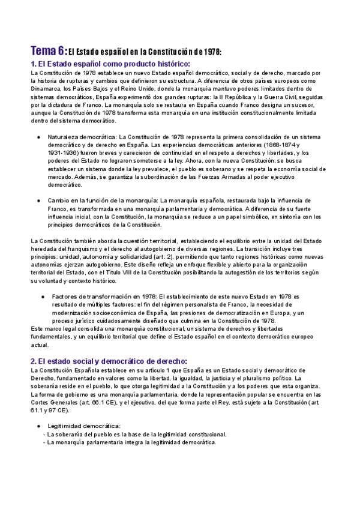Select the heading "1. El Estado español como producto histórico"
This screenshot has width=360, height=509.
pyautogui.click(x=110, y=64)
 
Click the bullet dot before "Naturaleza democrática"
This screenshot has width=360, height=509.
pyautogui.click(x=39, y=137)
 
